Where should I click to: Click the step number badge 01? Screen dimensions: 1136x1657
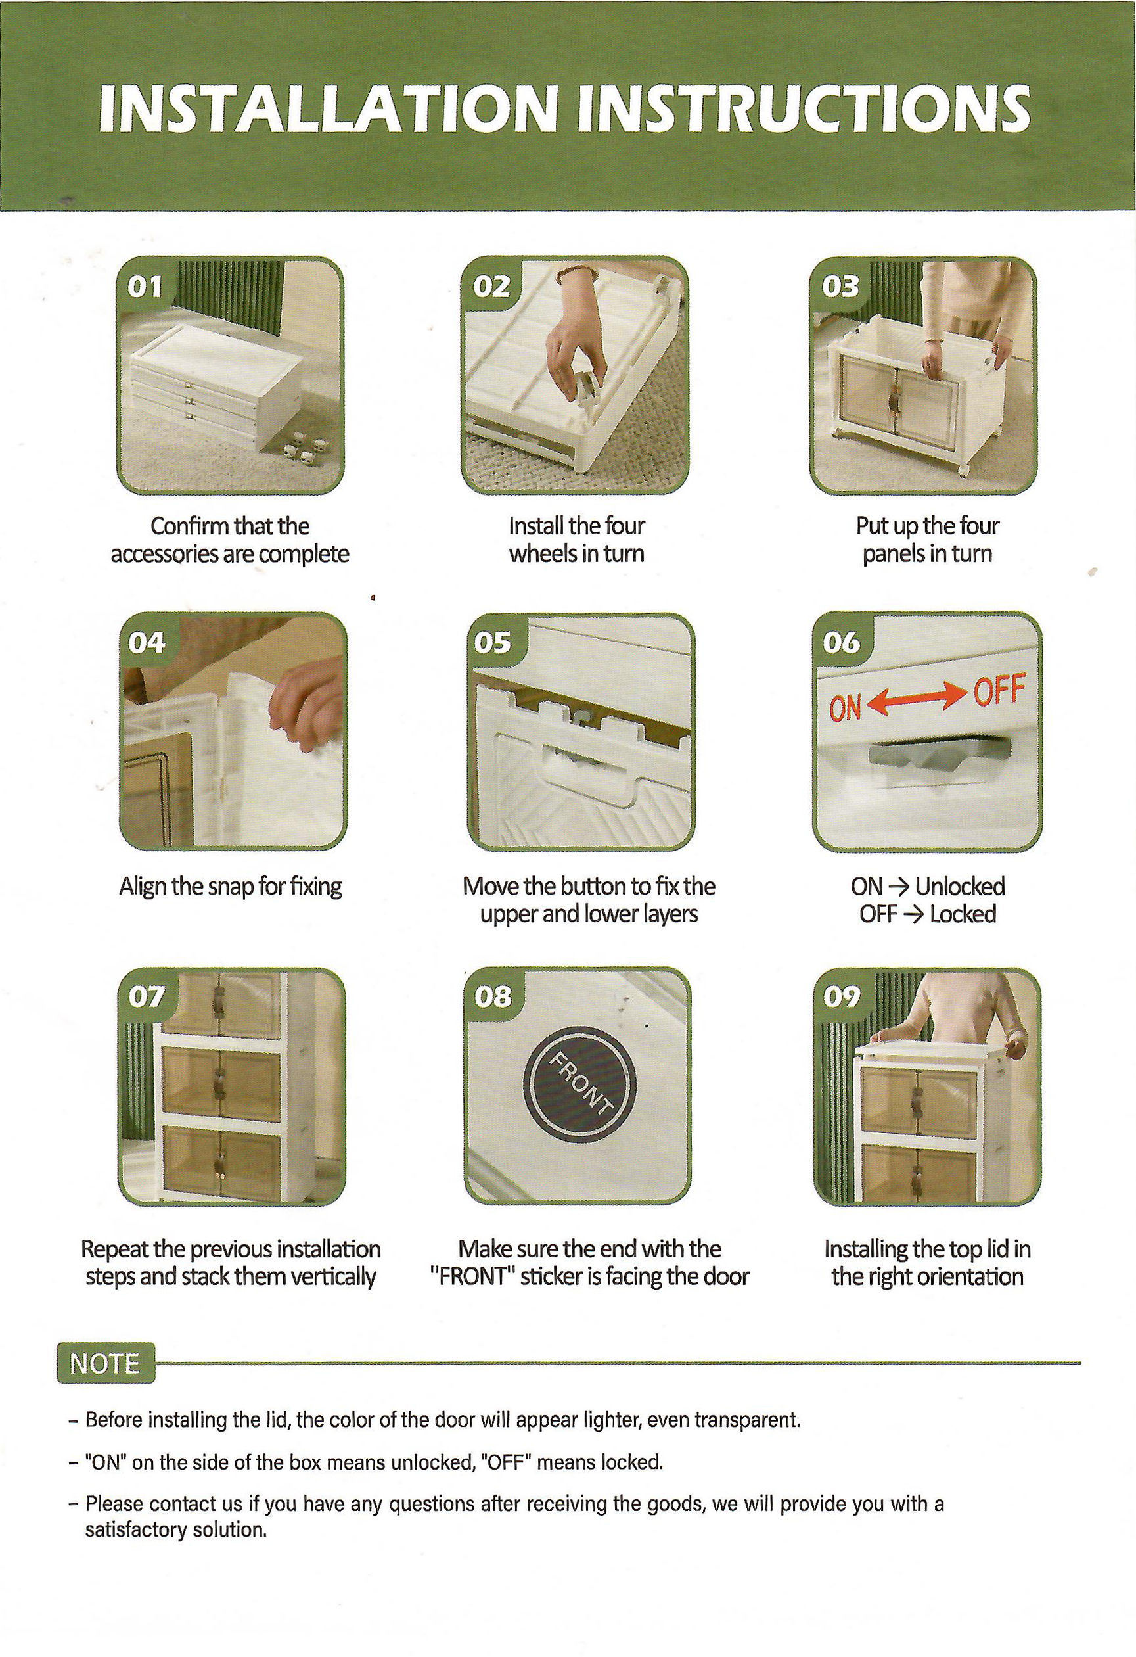click(145, 287)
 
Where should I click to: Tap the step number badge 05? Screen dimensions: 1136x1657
click(493, 643)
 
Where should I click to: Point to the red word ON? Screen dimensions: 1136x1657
click(844, 709)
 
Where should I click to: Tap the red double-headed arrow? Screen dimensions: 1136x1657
click(917, 699)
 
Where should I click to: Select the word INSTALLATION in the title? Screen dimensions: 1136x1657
click(328, 109)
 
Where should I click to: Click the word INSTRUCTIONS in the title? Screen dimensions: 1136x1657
click(804, 109)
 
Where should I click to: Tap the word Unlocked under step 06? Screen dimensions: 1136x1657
click(960, 887)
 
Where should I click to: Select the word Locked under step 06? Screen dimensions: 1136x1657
click(963, 914)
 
